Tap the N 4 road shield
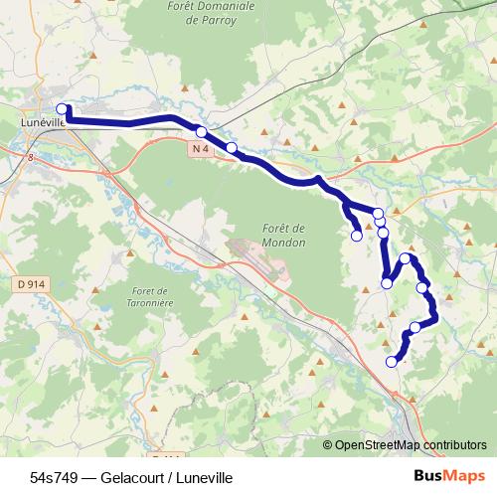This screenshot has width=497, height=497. pyautogui.click(x=200, y=149)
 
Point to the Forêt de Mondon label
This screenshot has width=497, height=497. pyautogui.click(x=283, y=235)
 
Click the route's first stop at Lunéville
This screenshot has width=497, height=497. pyautogui.click(x=62, y=109)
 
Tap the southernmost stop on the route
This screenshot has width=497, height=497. pyautogui.click(x=392, y=362)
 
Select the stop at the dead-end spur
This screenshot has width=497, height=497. pyautogui.click(x=357, y=236)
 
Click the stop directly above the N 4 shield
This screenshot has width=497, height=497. pyautogui.click(x=201, y=132)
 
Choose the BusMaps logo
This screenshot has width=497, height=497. pyautogui.click(x=450, y=476)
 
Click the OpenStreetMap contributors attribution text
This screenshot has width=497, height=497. pyautogui.click(x=411, y=445)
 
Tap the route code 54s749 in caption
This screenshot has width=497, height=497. pyautogui.click(x=54, y=477)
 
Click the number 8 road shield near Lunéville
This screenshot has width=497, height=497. pyautogui.click(x=30, y=156)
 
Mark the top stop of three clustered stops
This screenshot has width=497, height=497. pyautogui.click(x=378, y=213)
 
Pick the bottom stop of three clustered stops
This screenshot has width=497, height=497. pyautogui.click(x=383, y=233)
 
